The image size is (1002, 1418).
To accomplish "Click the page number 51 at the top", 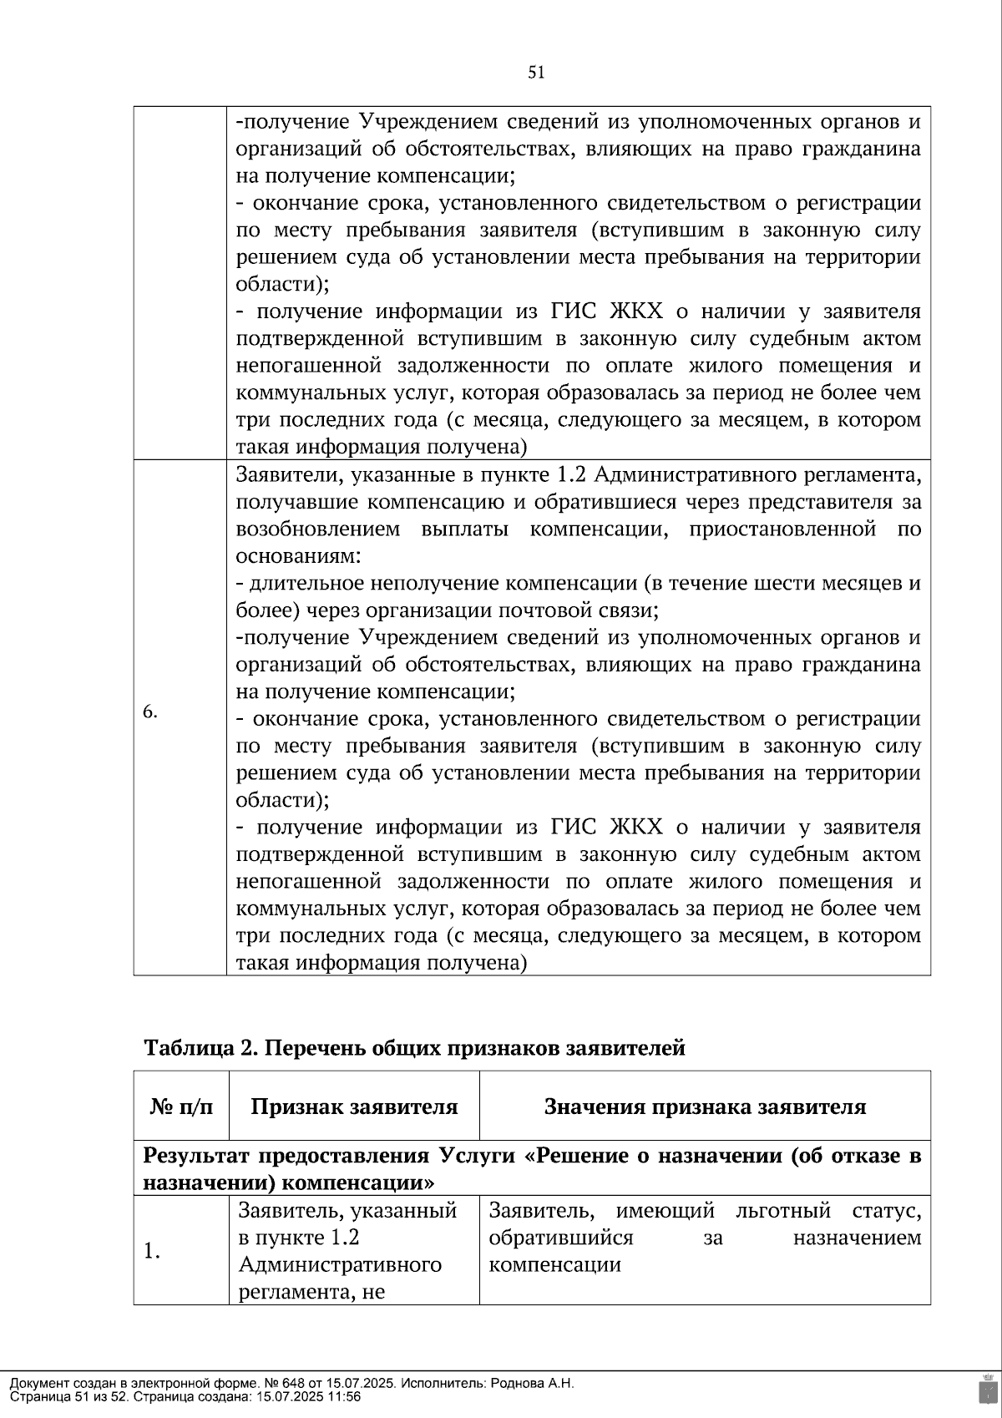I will point(536,73).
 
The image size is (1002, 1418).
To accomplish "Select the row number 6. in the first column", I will point(150,712).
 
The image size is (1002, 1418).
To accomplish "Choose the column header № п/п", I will point(181,1107).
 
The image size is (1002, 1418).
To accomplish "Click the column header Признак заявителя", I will point(354,1107).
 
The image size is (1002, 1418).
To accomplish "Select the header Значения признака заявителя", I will point(705,1107).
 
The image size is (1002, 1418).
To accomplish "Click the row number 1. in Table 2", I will point(152,1251).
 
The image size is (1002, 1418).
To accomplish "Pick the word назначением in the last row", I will point(857,1238).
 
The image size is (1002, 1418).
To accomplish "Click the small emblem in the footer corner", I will point(986,1389).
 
